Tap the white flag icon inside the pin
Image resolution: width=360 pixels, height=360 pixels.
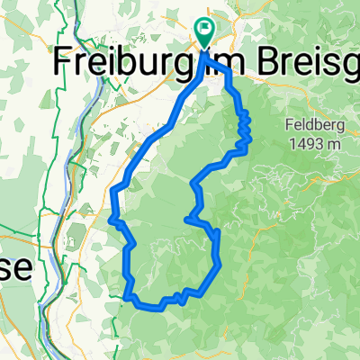[x=204, y=30]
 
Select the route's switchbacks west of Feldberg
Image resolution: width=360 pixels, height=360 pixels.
[x=243, y=126]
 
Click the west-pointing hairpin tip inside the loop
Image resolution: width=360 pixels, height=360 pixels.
[x=185, y=219]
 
